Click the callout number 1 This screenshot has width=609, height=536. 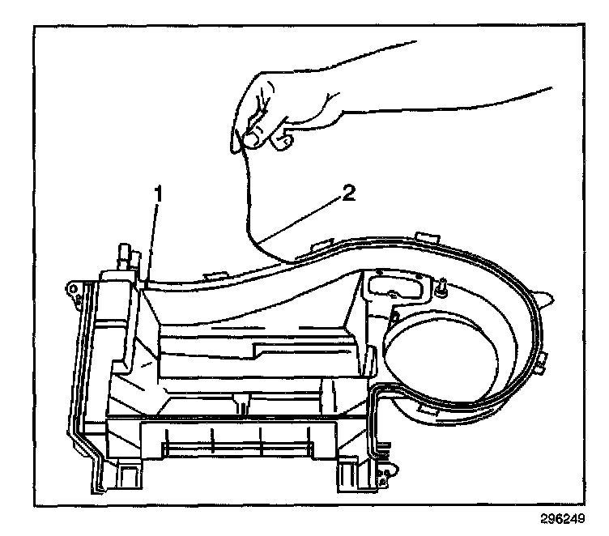point(160,195)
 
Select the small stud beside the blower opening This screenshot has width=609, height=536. point(445,285)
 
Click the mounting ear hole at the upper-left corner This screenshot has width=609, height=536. point(75,289)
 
